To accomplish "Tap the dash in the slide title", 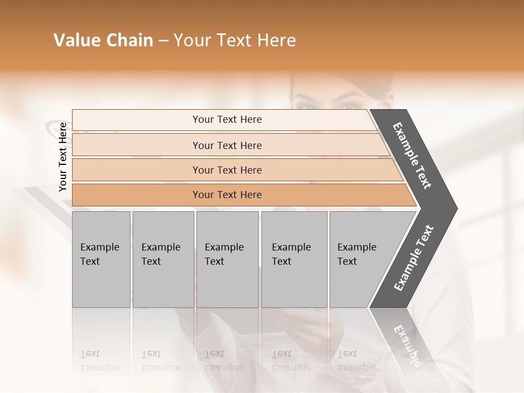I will pos(163,41).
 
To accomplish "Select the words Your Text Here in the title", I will pos(235,40).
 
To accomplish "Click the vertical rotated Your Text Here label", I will pos(63,157).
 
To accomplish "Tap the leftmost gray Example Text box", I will pos(101,259).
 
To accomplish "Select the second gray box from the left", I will pos(163,259).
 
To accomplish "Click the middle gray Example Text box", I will pos(227,259).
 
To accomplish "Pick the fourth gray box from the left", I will pos(294,259).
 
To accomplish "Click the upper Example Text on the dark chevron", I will pos(413,156).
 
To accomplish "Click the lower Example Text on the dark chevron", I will pos(414,258).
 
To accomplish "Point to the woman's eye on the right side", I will pos(350,106).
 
